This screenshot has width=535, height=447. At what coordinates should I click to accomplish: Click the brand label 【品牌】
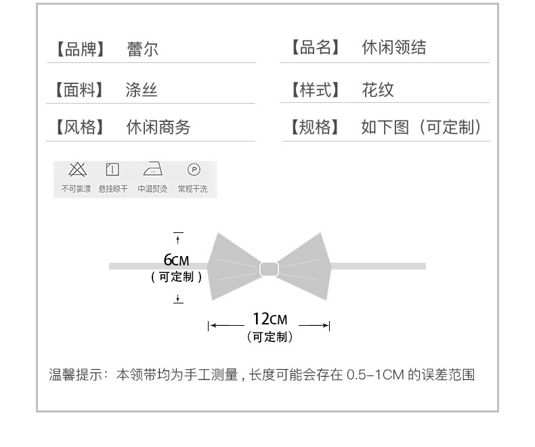(x=80, y=49)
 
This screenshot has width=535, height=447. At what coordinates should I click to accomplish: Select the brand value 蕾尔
(x=143, y=49)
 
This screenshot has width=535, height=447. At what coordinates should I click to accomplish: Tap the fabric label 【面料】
(x=79, y=90)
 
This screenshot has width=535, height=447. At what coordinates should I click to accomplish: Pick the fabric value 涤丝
(x=142, y=90)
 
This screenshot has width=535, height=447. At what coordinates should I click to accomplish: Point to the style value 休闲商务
(x=158, y=127)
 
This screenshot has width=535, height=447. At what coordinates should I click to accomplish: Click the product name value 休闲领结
(x=393, y=47)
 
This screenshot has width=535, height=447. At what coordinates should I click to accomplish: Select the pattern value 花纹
(x=378, y=90)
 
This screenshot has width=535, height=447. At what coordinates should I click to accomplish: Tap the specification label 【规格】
(x=315, y=127)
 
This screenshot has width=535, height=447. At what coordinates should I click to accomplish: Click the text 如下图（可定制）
(x=422, y=127)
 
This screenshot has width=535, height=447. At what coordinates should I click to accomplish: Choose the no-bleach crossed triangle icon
(x=77, y=169)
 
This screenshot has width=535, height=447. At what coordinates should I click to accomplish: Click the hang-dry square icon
(x=112, y=169)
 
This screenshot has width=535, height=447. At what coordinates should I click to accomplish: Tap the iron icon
(x=152, y=169)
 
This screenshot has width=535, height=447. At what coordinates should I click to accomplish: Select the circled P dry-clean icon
(x=194, y=169)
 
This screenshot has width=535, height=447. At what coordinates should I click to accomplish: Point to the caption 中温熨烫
(x=152, y=189)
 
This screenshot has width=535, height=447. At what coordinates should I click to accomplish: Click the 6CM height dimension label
(x=176, y=260)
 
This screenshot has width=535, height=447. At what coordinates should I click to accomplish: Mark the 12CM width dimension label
(x=270, y=319)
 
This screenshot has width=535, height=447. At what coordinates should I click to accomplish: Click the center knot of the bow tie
(x=269, y=269)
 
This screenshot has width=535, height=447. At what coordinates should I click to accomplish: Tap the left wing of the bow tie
(x=232, y=266)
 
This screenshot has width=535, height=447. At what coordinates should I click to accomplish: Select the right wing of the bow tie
(x=304, y=266)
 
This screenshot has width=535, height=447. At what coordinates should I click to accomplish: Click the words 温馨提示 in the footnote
(x=76, y=375)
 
